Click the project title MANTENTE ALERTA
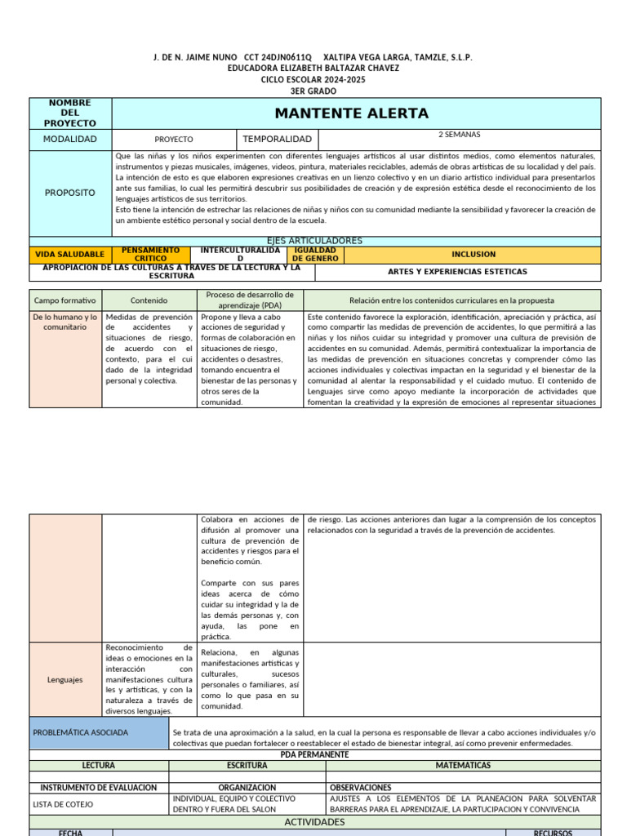tap(351, 113)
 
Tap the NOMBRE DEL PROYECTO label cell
tap(69, 113)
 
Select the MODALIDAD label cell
tap(69, 140)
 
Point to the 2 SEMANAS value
tap(459, 135)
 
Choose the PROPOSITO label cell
tap(69, 193)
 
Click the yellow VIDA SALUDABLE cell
tap(69, 255)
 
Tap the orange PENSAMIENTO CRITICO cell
tap(150, 255)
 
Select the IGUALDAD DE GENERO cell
tap(314, 255)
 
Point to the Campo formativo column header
tap(64, 300)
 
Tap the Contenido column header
tap(149, 300)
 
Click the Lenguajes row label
tap(64, 679)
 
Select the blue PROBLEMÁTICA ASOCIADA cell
tap(80, 732)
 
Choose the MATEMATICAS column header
tap(464, 766)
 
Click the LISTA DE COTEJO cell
tap(64, 804)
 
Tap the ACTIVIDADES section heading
tap(315, 822)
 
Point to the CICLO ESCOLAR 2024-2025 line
tap(313, 80)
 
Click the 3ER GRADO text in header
tap(313, 91)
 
